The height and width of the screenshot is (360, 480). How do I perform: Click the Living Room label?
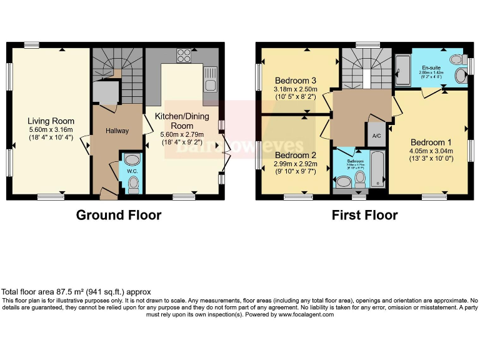click(x=51, y=121)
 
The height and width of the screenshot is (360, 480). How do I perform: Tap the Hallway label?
click(x=117, y=131)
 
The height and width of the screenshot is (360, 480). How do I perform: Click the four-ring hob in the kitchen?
click(x=184, y=55)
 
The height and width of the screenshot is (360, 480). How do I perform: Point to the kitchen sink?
click(x=211, y=86)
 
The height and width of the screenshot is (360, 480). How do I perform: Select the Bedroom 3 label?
click(x=296, y=81)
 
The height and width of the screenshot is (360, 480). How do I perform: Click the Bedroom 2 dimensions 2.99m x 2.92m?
click(x=296, y=165)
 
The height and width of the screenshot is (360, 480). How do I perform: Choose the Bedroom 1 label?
click(x=431, y=142)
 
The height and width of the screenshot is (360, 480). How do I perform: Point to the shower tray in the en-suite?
click(x=403, y=68)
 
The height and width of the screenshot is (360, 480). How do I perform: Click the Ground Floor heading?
click(x=119, y=215)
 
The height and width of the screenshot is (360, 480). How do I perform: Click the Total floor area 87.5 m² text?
click(x=76, y=292)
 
